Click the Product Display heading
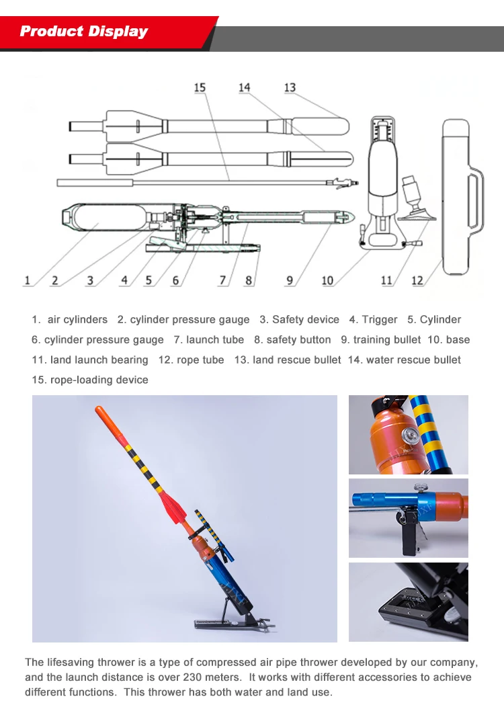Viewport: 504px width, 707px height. tap(84, 32)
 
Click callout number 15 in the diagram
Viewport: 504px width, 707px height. tap(200, 88)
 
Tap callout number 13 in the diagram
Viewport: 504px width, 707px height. tap(290, 88)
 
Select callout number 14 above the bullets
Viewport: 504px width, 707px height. tap(244, 88)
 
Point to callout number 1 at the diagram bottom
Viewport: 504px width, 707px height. tap(28, 281)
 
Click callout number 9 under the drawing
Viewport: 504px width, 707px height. tap(289, 281)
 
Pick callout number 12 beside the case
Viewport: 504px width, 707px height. tap(417, 281)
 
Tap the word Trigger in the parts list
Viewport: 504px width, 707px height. tap(380, 320)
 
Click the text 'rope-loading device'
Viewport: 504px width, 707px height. tap(99, 380)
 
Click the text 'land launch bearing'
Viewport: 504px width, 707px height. tap(98, 360)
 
